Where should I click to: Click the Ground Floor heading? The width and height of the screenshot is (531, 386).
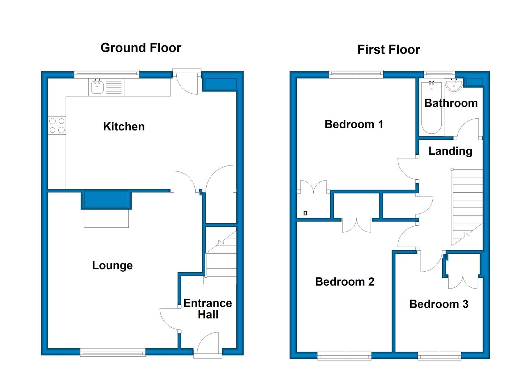tap(141, 48)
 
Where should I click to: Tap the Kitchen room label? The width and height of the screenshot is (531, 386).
tap(124, 127)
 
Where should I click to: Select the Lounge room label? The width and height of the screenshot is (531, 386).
tap(112, 266)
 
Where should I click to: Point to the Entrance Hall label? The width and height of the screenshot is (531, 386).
tap(208, 309)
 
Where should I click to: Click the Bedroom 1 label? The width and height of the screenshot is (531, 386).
tap(354, 124)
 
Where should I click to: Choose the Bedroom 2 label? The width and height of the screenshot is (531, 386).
tap(345, 282)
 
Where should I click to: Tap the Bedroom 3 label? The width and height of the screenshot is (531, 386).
tap(439, 304)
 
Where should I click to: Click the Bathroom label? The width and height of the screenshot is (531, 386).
tap(451, 103)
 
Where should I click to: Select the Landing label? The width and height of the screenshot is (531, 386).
tap(451, 151)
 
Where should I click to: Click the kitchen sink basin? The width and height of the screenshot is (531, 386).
tap(97, 86)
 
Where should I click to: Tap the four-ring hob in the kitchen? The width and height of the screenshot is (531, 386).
tap(57, 125)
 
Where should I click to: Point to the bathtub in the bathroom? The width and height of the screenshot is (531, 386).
tap(432, 108)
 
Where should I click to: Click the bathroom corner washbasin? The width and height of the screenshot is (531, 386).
tap(454, 84)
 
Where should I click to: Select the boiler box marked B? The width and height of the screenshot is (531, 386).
tap(305, 213)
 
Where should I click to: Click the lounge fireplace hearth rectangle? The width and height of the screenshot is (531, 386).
tap(106, 218)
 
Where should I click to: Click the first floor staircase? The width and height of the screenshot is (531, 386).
tap(467, 207)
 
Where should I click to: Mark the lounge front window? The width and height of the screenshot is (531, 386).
tap(113, 352)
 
